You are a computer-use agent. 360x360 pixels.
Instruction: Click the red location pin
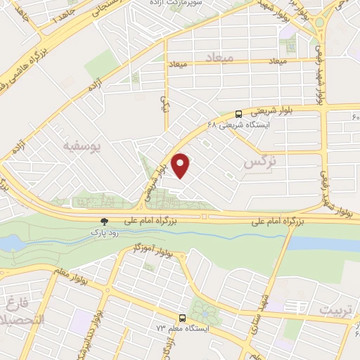[181, 166]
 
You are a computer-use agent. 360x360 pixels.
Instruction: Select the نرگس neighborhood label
[259, 162]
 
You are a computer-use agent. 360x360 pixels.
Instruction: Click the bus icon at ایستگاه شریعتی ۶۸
[239, 112]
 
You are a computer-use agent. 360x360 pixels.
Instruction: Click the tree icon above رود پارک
[105, 221]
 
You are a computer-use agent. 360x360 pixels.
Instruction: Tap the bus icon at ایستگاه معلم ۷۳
[182, 317]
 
